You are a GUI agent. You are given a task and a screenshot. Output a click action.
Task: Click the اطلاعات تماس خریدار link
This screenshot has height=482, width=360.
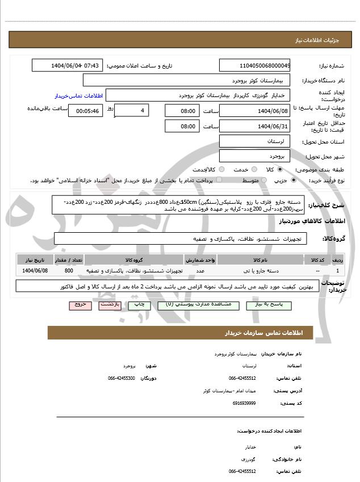tap(73, 96)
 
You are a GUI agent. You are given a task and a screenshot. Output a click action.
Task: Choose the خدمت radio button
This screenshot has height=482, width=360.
tap(253, 169)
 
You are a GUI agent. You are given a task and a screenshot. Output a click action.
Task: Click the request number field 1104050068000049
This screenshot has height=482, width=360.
tap(254, 66)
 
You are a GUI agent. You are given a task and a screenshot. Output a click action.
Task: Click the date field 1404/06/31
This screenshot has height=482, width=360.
tap(254, 126)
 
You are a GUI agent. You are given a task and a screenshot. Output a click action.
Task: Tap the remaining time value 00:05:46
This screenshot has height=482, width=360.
tap(85, 110)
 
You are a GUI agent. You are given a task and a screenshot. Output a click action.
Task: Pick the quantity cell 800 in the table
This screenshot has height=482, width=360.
tap(69, 271)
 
